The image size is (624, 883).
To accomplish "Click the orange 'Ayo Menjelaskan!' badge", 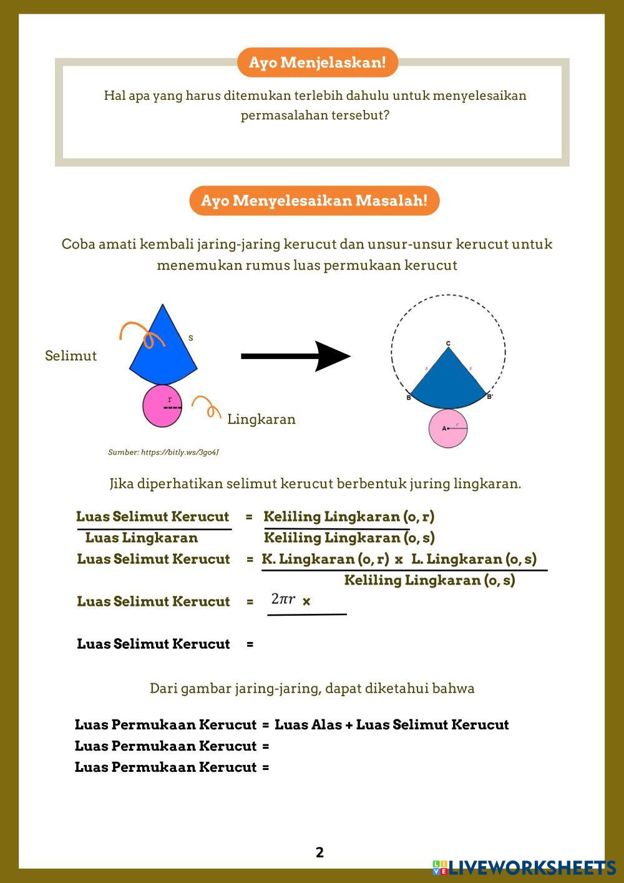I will click(x=317, y=62).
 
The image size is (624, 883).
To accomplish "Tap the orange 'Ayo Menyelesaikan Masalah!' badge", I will click(x=314, y=200).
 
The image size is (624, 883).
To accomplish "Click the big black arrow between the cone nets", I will click(x=296, y=356).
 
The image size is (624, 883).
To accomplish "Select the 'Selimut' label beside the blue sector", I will click(x=71, y=356).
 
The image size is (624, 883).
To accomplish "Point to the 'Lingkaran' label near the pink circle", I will click(x=261, y=419).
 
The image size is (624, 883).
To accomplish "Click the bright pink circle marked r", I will click(x=162, y=406).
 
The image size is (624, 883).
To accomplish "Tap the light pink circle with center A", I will click(x=448, y=428).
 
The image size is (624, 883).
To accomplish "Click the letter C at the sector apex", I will click(x=448, y=343).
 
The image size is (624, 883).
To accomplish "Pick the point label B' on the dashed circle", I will click(x=490, y=397).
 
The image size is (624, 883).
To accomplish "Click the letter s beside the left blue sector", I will click(x=190, y=338).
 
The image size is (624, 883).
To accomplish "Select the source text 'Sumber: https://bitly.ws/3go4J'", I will click(x=163, y=452).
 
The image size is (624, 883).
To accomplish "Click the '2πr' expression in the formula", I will click(x=283, y=599).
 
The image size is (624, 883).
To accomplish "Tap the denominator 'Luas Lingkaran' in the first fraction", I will click(x=141, y=538).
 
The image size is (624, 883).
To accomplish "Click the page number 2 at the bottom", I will click(x=319, y=852).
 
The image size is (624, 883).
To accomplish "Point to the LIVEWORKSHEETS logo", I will click(x=524, y=867).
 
